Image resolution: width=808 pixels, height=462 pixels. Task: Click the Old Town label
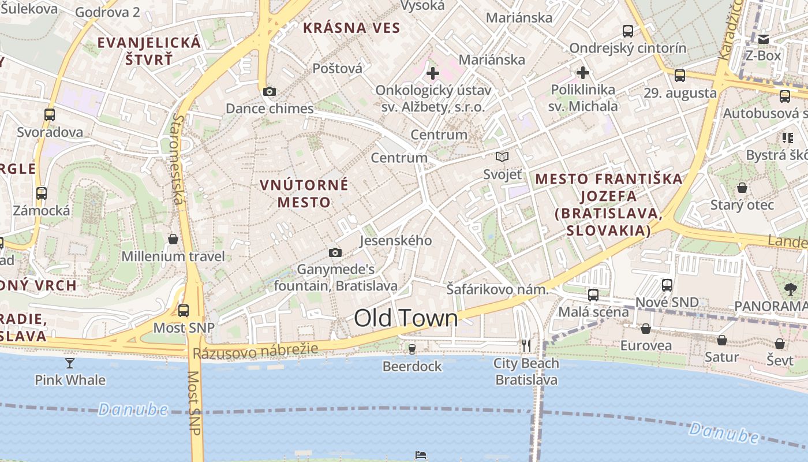(x=406, y=318)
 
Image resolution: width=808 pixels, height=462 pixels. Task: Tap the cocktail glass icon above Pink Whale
(x=70, y=363)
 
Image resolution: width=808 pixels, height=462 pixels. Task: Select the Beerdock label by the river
(x=412, y=366)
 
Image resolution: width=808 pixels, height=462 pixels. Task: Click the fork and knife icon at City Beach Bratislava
(x=526, y=345)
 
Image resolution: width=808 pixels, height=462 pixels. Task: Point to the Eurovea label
(x=646, y=345)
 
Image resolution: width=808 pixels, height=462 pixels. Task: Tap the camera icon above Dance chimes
(x=269, y=91)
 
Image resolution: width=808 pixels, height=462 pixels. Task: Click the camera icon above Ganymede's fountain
(x=335, y=252)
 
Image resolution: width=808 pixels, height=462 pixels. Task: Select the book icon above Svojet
(x=502, y=157)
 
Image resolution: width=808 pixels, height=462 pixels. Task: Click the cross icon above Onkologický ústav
(x=432, y=73)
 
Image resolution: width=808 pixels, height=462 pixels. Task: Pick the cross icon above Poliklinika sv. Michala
(x=583, y=73)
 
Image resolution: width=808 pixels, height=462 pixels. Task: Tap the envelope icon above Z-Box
(x=764, y=39)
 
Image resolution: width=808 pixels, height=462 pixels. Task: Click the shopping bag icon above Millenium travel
(x=173, y=239)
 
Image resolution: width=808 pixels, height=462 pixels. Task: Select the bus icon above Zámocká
(x=42, y=193)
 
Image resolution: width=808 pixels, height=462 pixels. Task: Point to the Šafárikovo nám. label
(x=497, y=289)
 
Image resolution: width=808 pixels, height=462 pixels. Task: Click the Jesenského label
(x=396, y=240)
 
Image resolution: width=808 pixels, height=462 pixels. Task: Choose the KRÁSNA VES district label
(x=351, y=28)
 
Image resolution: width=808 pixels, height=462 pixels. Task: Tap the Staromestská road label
(x=178, y=158)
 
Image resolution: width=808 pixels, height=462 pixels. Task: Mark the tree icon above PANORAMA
(x=790, y=289)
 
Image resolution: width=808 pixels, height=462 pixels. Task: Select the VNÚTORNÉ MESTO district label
(x=304, y=193)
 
